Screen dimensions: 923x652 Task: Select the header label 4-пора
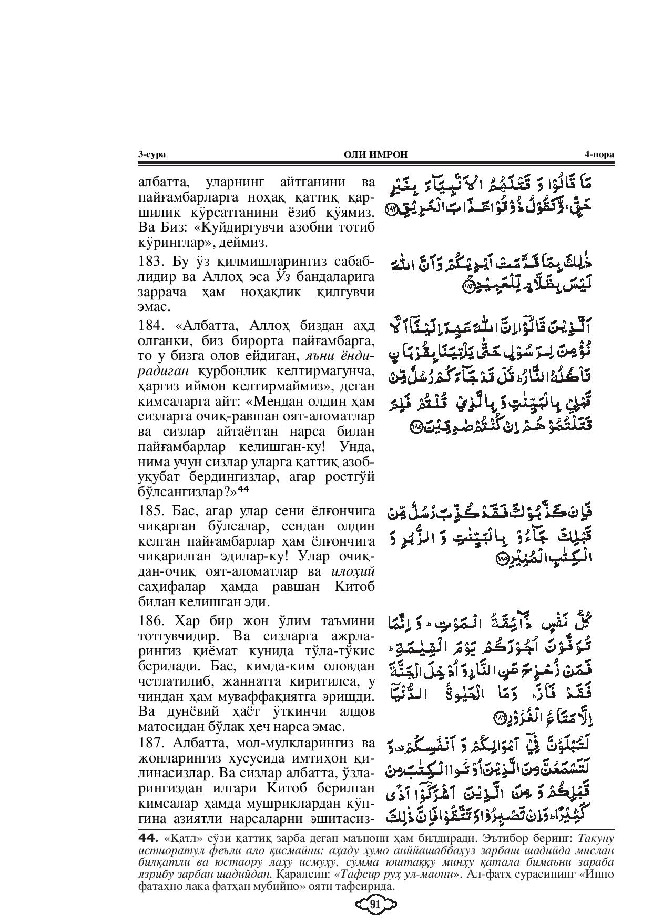[599, 154]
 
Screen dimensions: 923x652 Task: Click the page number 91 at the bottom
[375, 905]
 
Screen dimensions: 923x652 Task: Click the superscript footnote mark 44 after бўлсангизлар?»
[243, 489]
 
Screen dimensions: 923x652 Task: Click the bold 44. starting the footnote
[148, 852]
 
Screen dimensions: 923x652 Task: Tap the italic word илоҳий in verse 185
[354, 571]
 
